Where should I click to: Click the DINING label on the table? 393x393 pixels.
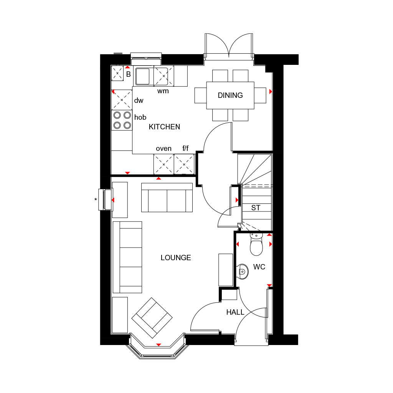[230, 95]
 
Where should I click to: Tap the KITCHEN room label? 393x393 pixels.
[164, 127]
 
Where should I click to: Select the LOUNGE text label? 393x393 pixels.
[176, 258]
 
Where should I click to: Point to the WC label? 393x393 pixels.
[259, 267]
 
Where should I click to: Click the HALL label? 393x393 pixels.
[235, 312]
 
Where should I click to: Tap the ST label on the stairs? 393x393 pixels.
[256, 208]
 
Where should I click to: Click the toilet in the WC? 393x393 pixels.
[256, 244]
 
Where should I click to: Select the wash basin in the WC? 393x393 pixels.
[243, 271]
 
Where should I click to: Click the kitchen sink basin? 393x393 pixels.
[142, 76]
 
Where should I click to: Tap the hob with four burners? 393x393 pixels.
[122, 120]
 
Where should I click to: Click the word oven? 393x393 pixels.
[163, 149]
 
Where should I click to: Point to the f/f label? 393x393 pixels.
[185, 149]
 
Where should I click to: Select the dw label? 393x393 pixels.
[139, 101]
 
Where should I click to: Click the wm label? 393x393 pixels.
[163, 91]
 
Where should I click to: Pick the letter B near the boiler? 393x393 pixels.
[128, 74]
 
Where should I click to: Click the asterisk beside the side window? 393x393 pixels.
[96, 200]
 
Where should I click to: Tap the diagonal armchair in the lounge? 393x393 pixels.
[152, 318]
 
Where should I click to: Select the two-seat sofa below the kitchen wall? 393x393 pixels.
[167, 198]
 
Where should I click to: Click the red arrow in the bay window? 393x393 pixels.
[159, 345]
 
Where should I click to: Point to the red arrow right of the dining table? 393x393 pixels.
[271, 91]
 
